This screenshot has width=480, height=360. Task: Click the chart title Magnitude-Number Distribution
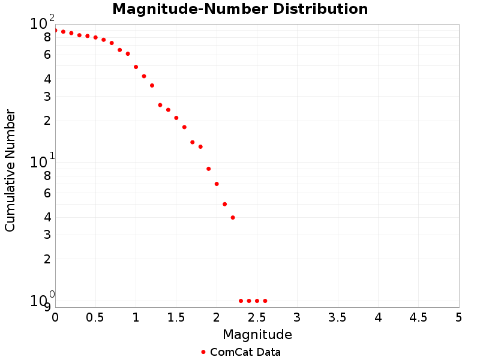point(240,9)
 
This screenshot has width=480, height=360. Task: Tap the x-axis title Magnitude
point(257,334)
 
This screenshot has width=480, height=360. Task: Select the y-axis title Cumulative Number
point(10,170)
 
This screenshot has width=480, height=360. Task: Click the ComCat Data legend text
point(245,352)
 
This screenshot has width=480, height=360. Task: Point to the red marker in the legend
point(203,352)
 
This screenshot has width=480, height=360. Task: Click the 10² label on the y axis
point(41,23)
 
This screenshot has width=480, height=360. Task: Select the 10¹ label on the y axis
point(41,162)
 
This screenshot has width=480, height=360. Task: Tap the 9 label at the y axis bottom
point(47,307)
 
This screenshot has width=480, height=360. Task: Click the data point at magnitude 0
point(55,30)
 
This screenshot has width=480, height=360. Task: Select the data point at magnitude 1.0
point(136,67)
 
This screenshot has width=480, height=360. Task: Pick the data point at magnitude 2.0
point(217,184)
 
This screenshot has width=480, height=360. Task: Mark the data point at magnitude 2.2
point(233,217)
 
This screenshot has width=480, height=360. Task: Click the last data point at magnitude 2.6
point(265,301)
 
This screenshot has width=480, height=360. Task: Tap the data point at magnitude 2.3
point(241,301)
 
